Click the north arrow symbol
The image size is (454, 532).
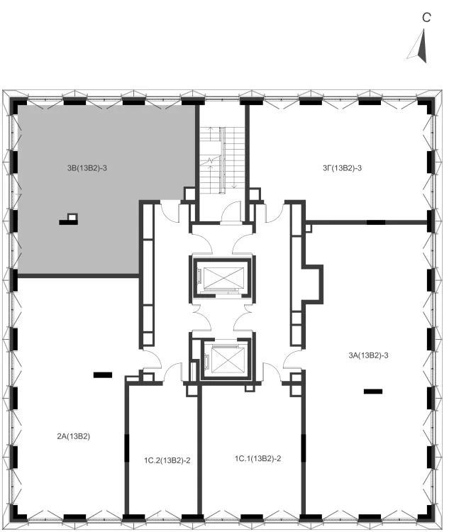coord(420,48)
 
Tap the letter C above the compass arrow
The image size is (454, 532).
coord(426,17)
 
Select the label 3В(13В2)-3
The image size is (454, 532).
coord(87,168)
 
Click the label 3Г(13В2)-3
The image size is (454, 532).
coord(342,168)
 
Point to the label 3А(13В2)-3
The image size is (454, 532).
coord(368,355)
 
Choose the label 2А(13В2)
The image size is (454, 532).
coord(74,436)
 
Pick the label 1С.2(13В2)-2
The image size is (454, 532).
coord(167,460)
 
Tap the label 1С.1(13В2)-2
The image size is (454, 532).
coord(258,459)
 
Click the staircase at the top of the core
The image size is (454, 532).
coord(222,160)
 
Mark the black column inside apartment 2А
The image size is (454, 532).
coord(103,375)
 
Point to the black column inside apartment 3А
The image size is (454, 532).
coord(373,391)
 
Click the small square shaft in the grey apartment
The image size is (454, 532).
coord(72,216)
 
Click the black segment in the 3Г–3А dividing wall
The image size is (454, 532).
coord(376,223)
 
